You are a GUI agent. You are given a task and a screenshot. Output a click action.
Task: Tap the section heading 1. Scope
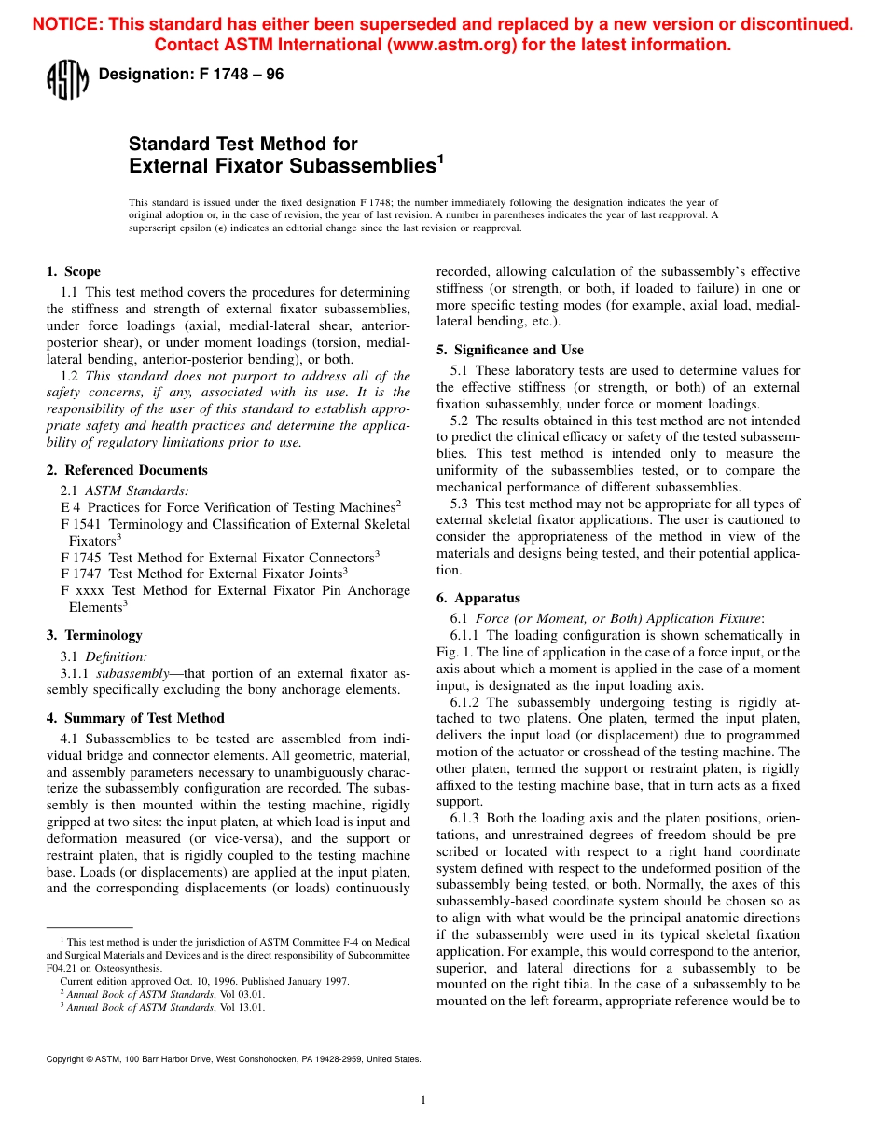point(74,271)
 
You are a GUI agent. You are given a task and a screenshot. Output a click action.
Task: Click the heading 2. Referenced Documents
point(127,470)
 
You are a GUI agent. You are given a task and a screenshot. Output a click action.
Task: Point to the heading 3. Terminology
point(94,635)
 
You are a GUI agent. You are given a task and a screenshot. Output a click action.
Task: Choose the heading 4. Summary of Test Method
point(135,718)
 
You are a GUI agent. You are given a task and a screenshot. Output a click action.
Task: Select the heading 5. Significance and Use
point(510,350)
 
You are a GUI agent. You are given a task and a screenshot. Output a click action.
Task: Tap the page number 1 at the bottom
point(423,1100)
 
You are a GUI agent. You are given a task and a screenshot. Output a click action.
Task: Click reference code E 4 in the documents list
point(70,507)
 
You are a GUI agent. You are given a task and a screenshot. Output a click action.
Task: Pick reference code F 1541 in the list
point(81,524)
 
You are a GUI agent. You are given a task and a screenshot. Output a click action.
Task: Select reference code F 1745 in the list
point(81,558)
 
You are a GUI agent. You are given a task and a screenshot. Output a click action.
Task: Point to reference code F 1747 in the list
point(81,573)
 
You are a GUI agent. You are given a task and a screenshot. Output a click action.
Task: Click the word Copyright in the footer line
point(65,1059)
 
